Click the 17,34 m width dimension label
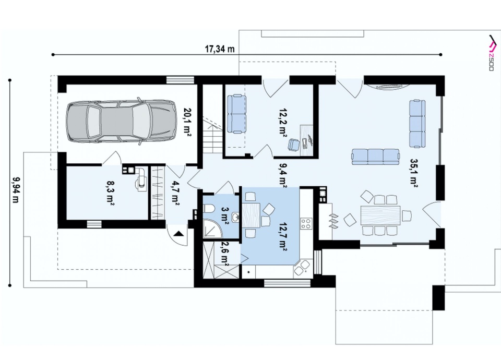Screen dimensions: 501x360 220,49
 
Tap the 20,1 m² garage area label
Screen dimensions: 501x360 186,122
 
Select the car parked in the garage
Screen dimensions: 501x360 121,121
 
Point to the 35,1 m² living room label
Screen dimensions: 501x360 414,173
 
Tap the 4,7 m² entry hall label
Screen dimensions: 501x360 175,194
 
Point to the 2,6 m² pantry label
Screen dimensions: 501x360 224,254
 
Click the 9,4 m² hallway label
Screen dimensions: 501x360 282,176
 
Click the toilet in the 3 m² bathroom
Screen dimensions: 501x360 209,209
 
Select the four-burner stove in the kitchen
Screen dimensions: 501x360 306,223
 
